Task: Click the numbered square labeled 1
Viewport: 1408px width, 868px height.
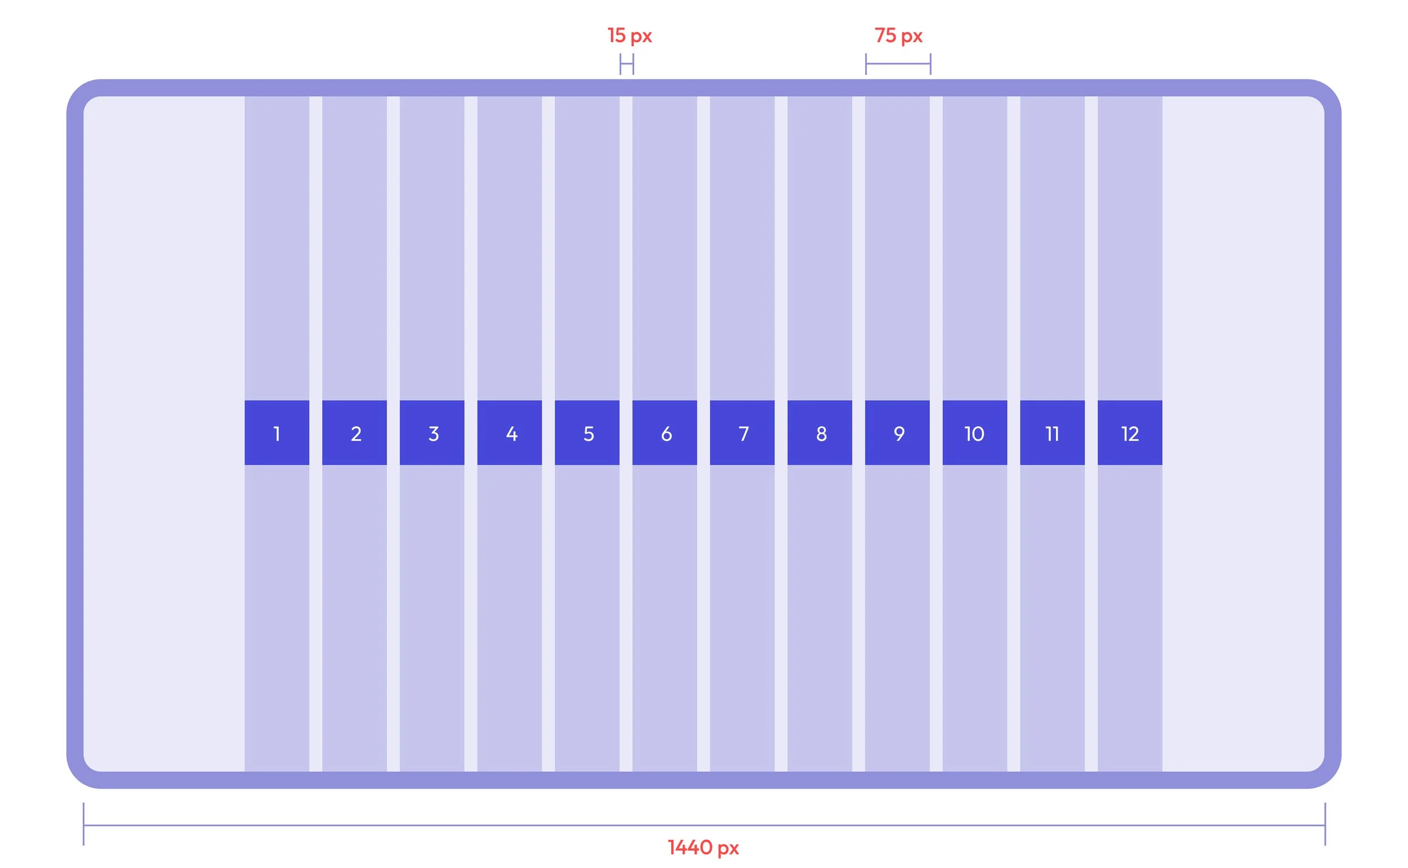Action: pos(277,432)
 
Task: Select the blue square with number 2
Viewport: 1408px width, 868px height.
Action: pos(354,432)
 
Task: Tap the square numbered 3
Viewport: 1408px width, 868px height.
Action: pos(432,432)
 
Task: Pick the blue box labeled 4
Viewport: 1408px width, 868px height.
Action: pos(509,432)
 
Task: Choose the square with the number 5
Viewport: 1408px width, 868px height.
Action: pos(587,432)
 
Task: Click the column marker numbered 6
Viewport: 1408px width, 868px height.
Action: pos(665,432)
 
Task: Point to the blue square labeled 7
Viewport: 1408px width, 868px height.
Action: pos(742,432)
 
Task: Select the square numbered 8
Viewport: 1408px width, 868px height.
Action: pos(819,432)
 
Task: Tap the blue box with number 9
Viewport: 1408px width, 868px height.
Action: pos(897,432)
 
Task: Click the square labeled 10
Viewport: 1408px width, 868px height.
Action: pos(974,432)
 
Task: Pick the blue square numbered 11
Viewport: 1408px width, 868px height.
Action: pos(1052,432)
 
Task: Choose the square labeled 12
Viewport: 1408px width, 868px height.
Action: pos(1130,432)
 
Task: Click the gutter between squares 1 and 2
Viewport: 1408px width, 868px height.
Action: pos(316,432)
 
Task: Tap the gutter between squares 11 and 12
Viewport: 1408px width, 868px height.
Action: pos(1091,432)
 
